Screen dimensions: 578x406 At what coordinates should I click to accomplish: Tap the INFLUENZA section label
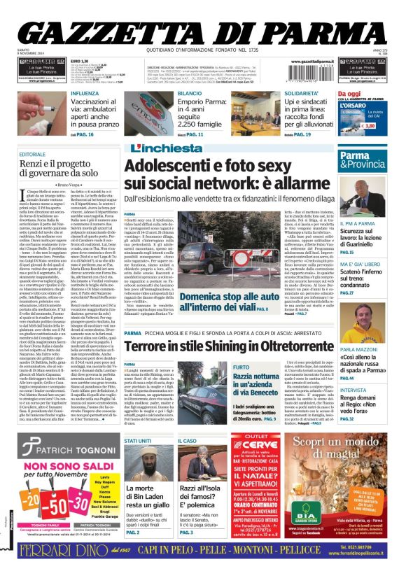click(x=84, y=92)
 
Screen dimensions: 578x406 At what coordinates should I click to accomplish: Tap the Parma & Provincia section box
click(x=363, y=160)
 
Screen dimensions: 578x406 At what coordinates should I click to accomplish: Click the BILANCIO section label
click(x=190, y=92)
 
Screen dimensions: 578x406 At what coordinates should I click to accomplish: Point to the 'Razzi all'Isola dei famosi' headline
click(x=203, y=494)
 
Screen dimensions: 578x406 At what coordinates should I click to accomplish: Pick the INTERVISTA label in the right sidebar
click(x=353, y=390)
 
